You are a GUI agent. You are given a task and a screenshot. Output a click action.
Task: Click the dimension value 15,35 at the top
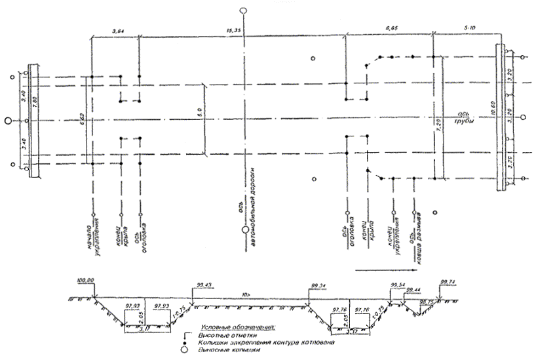233,30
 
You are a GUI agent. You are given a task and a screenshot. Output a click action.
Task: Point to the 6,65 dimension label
391,30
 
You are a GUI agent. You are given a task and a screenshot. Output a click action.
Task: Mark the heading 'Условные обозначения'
238,327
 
